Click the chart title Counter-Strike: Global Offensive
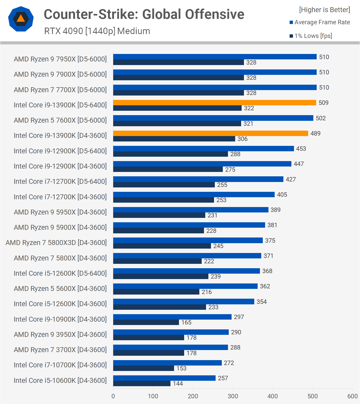(144, 14)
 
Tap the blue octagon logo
(21, 19)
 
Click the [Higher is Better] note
(324, 10)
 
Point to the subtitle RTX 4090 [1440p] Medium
(97, 31)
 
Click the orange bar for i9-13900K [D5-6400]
(215, 103)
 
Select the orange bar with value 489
(210, 133)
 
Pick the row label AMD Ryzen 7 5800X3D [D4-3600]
(56, 243)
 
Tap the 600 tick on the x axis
(353, 396)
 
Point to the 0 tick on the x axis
(113, 396)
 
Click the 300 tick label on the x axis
(233, 396)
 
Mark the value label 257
(223, 378)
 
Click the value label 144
(178, 384)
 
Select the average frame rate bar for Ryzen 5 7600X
(213, 118)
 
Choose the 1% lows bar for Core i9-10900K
(146, 322)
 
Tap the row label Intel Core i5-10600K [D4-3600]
(60, 380)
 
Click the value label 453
(301, 149)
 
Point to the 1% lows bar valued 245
(162, 246)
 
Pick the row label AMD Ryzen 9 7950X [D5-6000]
(60, 59)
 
